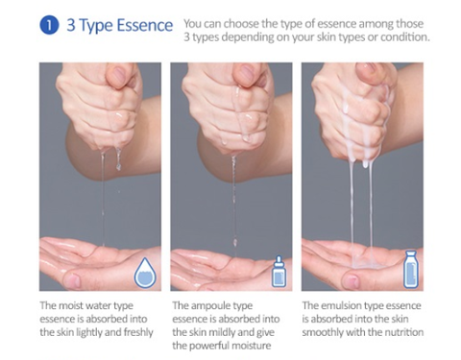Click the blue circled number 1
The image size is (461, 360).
pos(49,25)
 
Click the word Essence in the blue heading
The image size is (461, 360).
pos(145,25)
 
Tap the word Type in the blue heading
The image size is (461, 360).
pos(95,26)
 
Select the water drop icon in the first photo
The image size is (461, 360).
pos(145,273)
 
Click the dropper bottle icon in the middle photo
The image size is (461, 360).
pos(279,272)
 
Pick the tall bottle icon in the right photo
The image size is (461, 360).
pos(411,270)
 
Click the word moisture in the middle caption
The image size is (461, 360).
pos(252,346)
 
